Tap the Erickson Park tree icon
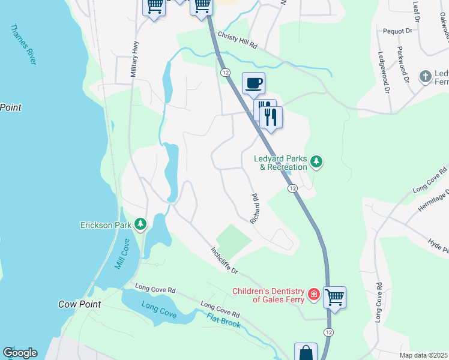140,224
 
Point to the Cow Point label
79,304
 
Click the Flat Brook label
223,320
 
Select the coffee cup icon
253,82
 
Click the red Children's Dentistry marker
313,294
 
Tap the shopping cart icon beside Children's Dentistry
334,296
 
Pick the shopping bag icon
306,352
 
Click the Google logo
20,353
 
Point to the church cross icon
426,76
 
